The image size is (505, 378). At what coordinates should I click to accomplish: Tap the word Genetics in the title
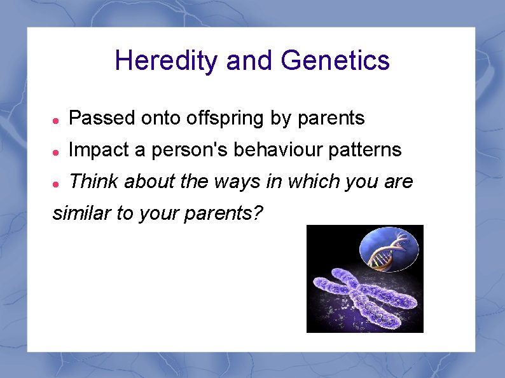[x=335, y=62]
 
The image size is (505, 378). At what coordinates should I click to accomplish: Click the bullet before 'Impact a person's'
[x=56, y=151]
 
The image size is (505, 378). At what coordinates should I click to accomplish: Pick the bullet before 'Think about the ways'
[x=56, y=183]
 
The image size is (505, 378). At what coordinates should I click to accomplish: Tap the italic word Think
[x=93, y=182]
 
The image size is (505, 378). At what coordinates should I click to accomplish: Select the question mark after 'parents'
[x=256, y=213]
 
